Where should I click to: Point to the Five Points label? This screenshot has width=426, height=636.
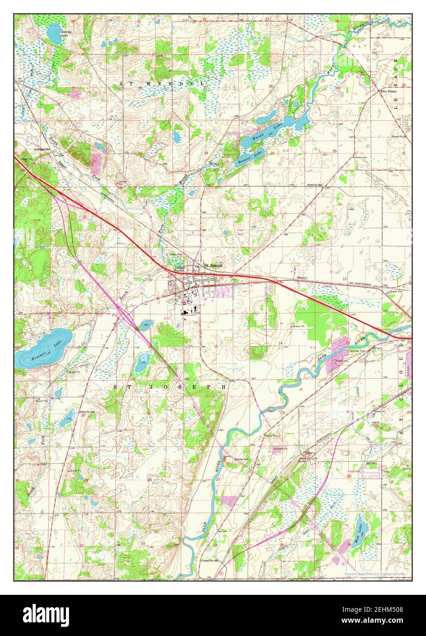pyautogui.click(x=389, y=91)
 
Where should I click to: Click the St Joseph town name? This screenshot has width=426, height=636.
pyautogui.click(x=213, y=265)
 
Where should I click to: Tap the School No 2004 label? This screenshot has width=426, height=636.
pyautogui.click(x=314, y=184)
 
